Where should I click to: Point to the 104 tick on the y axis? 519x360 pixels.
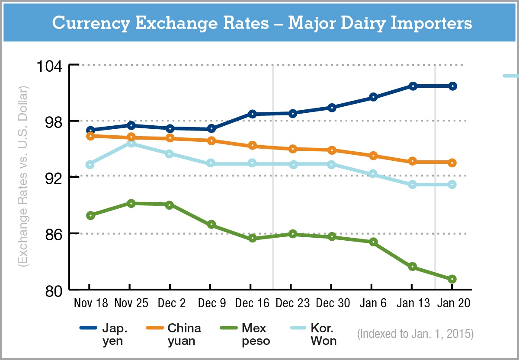[51, 66]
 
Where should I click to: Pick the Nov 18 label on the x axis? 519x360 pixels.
[90, 303]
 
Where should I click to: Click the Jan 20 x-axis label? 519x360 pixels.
[453, 303]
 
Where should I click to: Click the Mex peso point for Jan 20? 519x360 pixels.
[452, 279]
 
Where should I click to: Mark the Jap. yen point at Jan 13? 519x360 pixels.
[413, 86]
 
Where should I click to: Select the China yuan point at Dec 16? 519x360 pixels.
[252, 146]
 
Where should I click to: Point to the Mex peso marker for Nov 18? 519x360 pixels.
[90, 215]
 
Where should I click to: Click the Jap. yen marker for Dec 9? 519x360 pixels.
[211, 128]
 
